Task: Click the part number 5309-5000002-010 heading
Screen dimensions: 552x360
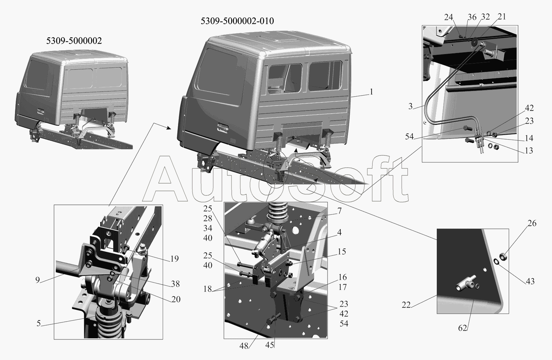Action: tap(237, 21)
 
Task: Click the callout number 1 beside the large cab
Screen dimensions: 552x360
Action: tap(371, 92)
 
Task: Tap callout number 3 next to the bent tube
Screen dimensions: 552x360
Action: tap(410, 106)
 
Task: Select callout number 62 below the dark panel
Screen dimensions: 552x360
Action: tap(463, 328)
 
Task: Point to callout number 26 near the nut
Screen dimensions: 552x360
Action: tap(532, 223)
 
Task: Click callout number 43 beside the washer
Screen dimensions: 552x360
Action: tap(530, 281)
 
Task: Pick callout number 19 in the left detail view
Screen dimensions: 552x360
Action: tap(175, 258)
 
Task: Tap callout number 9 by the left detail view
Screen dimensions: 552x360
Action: tap(37, 280)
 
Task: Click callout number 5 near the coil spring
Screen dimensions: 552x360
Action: tap(38, 323)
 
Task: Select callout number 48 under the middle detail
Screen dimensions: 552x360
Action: tap(244, 346)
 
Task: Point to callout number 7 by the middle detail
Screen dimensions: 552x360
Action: tap(339, 211)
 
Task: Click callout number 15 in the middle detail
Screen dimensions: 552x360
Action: tap(342, 252)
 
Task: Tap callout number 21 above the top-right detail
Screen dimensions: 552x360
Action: tap(502, 16)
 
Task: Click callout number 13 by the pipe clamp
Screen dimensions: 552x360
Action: tap(529, 150)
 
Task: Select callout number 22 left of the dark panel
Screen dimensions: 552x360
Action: tap(406, 305)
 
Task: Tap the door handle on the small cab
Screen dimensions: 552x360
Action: tap(41, 112)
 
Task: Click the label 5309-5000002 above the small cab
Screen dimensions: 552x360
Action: tap(74, 40)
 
